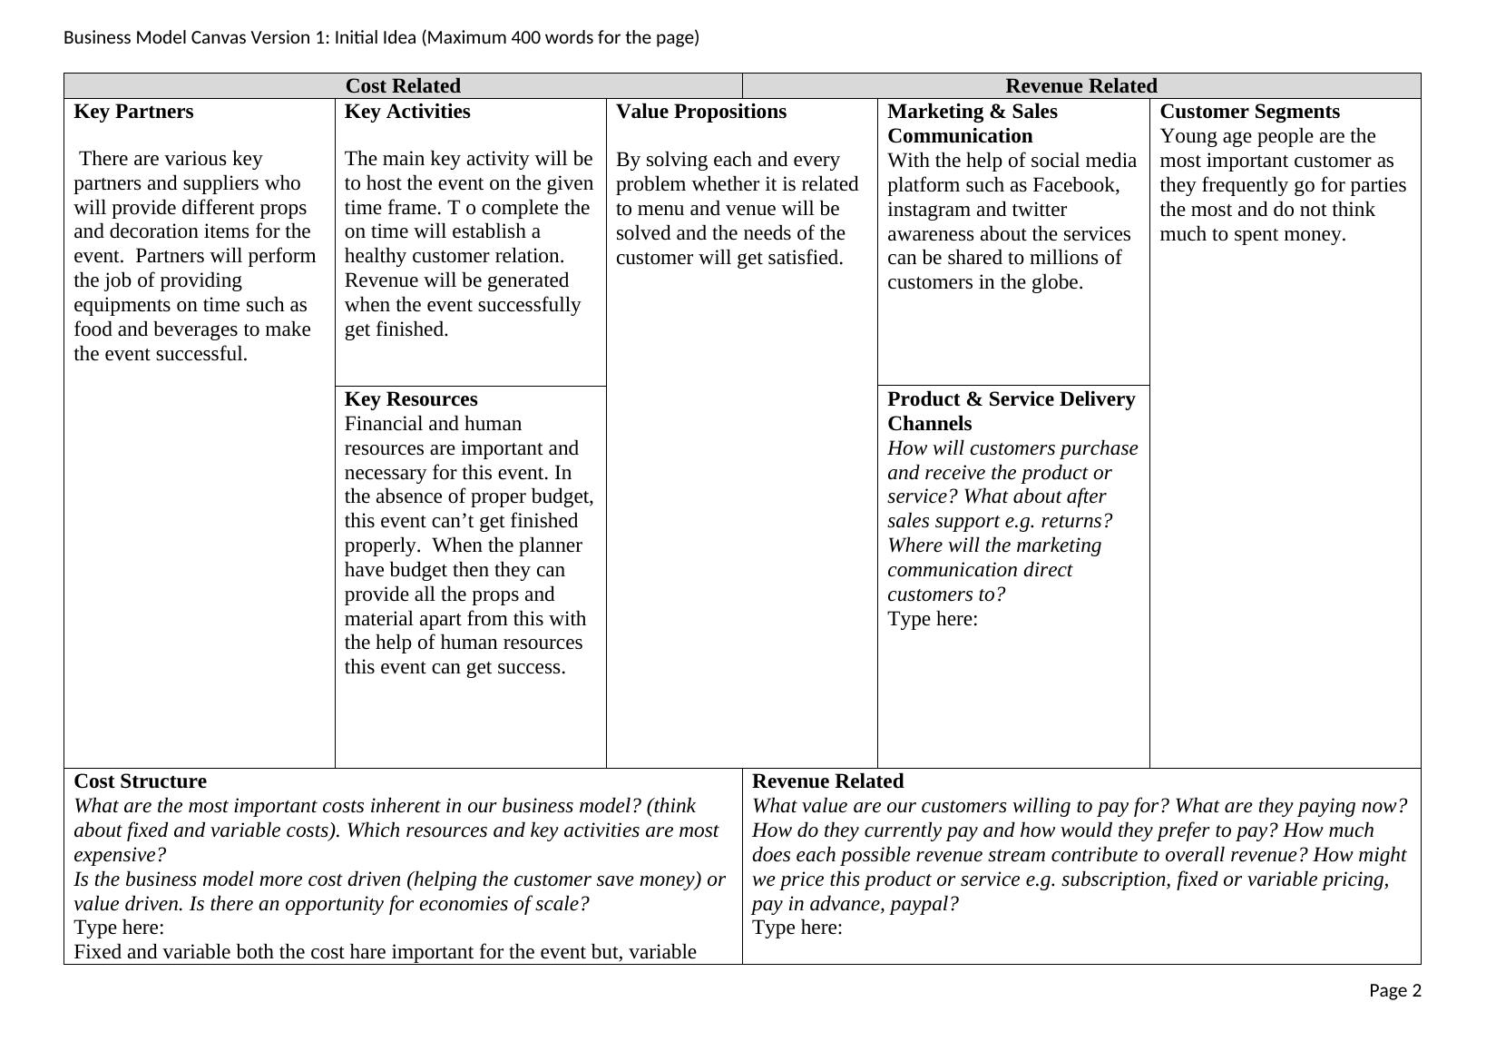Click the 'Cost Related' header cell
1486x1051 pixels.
403,86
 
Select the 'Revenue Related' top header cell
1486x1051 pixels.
1080,86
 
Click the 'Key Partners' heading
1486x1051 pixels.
133,112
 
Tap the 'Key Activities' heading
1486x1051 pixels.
407,112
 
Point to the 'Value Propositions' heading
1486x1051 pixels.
701,112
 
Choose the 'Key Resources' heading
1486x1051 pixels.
411,399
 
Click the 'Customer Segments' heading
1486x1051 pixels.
1249,112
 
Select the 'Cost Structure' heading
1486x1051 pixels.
140,781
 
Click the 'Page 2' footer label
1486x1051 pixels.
1395,990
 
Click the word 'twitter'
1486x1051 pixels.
1039,210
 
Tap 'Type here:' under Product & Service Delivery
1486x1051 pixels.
933,619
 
